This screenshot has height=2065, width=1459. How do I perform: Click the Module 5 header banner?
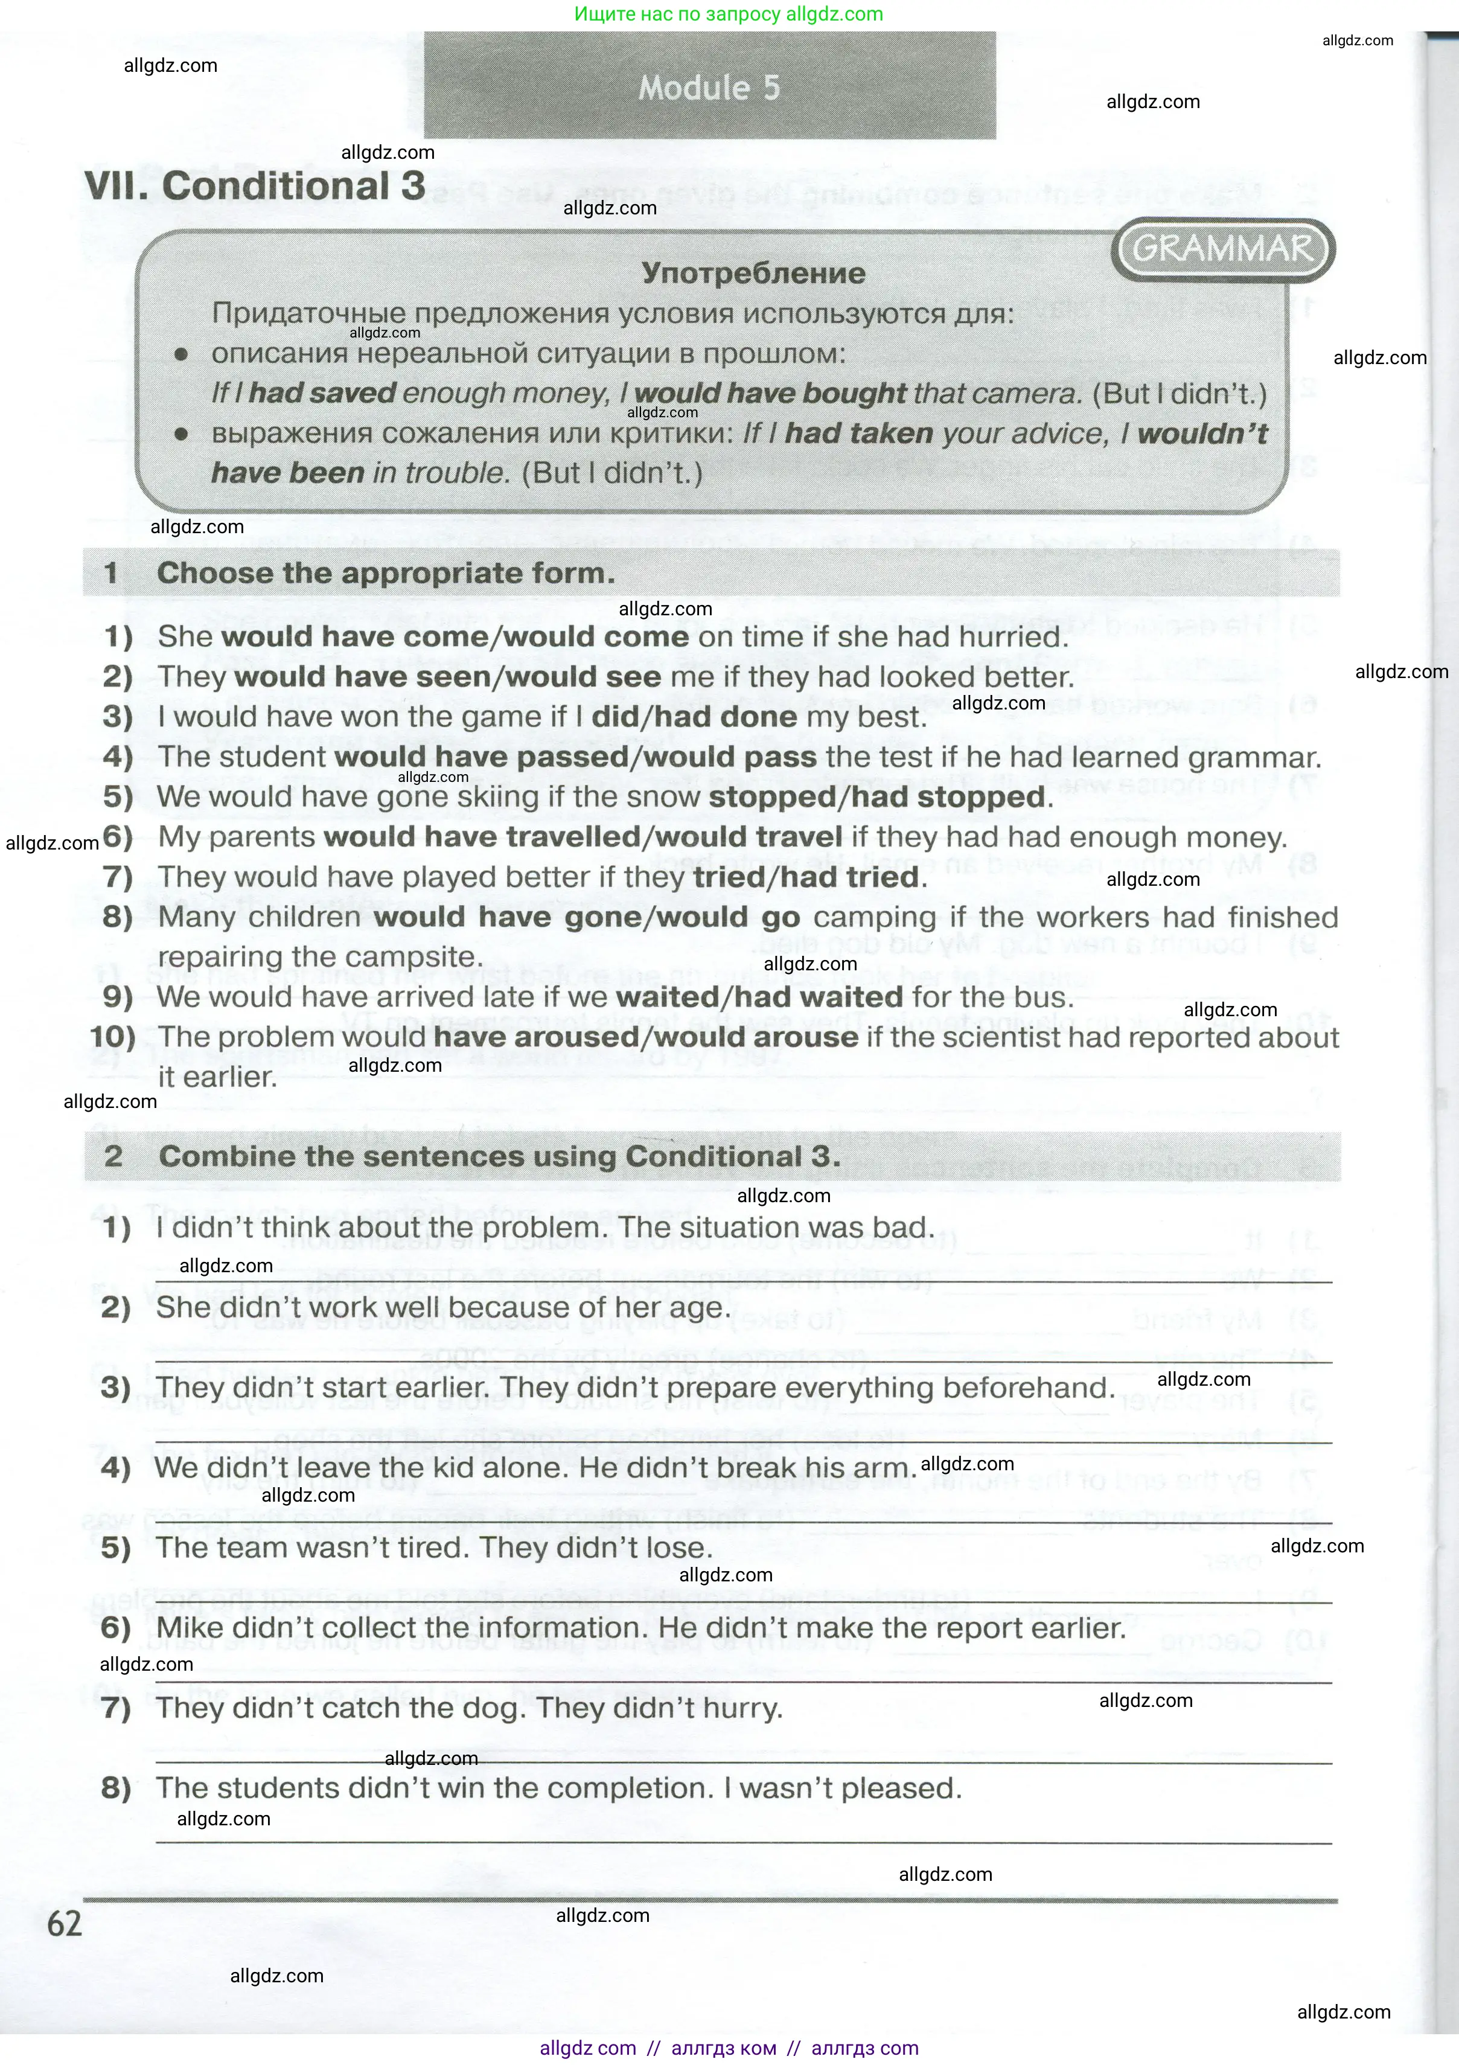709,87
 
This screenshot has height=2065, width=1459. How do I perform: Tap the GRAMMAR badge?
1222,248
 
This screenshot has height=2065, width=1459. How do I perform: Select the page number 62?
64,1923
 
